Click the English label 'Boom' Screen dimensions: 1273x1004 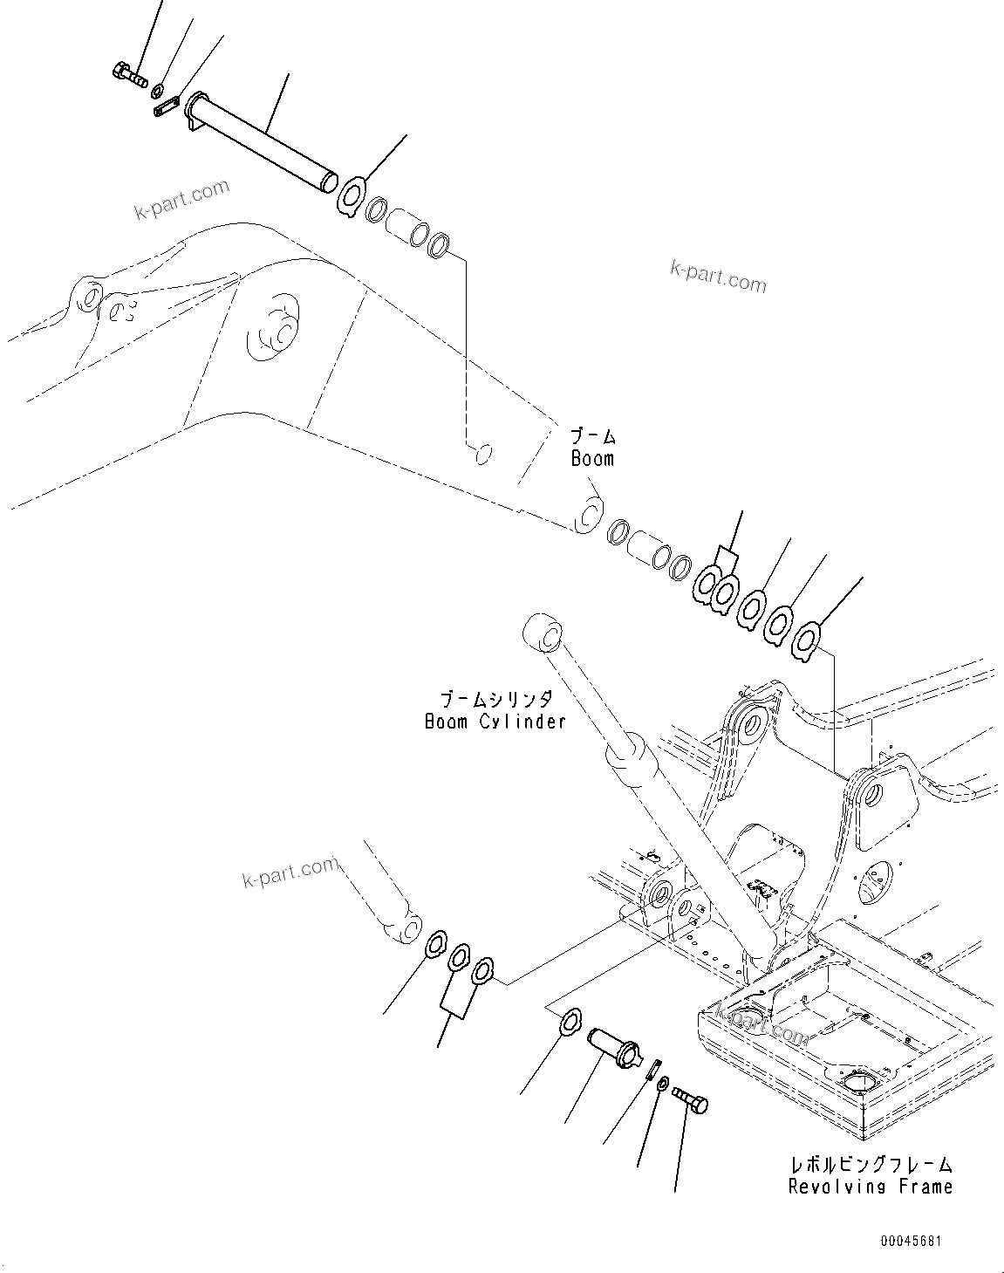coord(592,459)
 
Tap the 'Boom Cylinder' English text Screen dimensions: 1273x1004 coord(495,722)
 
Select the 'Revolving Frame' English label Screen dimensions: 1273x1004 coord(870,1187)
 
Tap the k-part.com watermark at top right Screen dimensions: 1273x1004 coord(718,277)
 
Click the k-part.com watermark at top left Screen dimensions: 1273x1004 coord(181,200)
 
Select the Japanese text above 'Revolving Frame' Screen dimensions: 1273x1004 coord(870,1165)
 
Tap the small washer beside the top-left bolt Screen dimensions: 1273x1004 coord(158,91)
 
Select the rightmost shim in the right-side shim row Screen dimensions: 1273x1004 coord(806,643)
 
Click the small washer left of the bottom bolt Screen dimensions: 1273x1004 coord(663,1084)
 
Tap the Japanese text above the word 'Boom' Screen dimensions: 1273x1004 coord(592,436)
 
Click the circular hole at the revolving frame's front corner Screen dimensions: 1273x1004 coord(864,1085)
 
